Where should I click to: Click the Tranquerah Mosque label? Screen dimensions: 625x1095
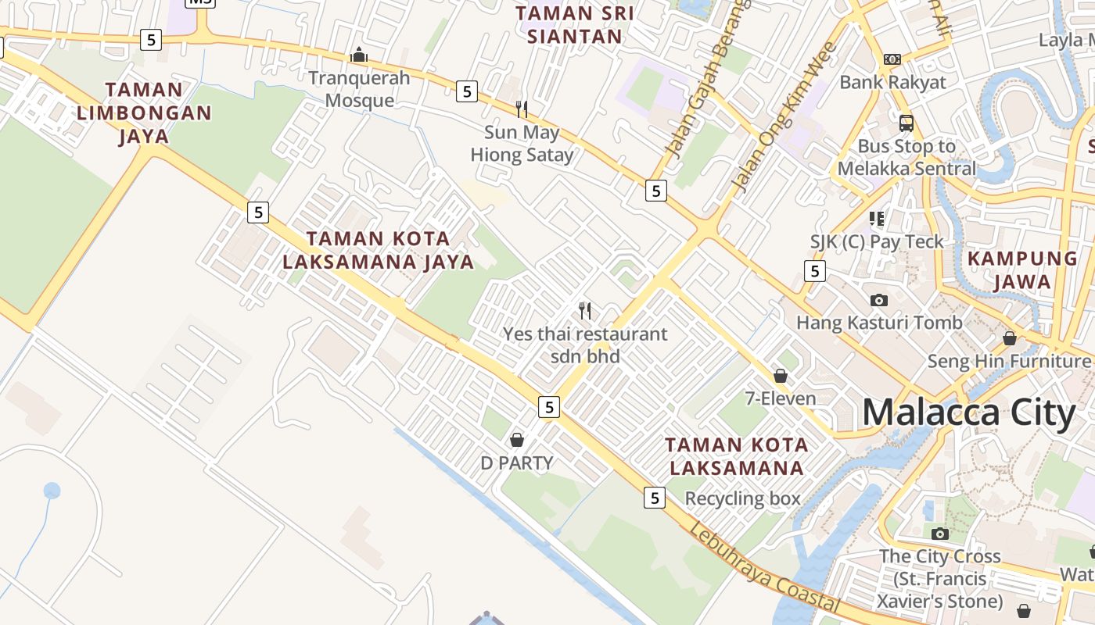359,89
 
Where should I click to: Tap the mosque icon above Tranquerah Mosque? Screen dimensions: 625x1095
359,55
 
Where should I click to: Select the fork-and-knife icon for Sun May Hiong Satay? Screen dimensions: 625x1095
522,109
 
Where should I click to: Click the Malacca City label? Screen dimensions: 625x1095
968,412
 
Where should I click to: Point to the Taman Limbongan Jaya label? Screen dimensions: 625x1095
144,113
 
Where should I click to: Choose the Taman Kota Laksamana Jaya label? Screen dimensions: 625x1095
379,250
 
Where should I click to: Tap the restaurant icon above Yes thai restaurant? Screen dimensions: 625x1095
585,311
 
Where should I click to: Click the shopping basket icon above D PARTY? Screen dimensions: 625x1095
516,440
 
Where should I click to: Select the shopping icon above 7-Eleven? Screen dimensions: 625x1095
780,376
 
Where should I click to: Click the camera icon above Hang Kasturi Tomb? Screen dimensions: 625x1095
879,300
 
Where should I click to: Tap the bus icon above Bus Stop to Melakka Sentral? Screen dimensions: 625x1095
907,123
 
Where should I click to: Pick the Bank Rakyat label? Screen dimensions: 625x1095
892,82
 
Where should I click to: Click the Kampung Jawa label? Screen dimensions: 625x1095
1022,270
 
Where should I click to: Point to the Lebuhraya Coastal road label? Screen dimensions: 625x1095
764,568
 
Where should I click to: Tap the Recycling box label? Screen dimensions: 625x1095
742,498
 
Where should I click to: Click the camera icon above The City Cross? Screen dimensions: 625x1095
940,534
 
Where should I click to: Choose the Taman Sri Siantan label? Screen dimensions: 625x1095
575,24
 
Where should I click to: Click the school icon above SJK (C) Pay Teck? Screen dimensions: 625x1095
877,219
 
